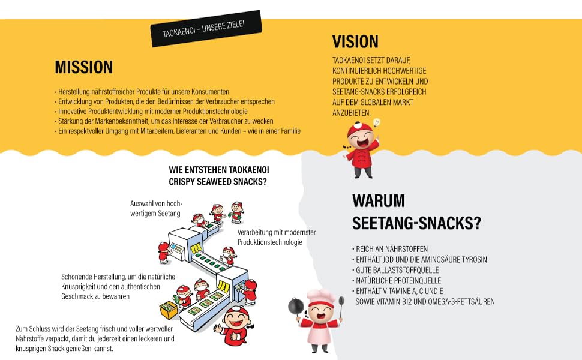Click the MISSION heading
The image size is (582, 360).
[84, 68]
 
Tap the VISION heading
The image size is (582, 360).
[355, 41]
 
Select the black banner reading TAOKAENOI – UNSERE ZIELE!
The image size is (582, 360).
[206, 29]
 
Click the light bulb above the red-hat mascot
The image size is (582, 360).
[377, 123]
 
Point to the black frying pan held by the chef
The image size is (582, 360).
[296, 307]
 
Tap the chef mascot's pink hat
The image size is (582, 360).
[320, 297]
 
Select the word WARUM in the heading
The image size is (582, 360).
[379, 201]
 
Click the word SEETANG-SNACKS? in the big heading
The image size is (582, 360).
[416, 223]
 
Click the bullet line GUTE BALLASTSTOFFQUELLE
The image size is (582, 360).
[397, 270]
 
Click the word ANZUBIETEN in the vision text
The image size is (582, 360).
[351, 113]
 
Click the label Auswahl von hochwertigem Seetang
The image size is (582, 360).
[156, 209]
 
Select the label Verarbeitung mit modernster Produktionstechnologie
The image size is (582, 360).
[277, 238]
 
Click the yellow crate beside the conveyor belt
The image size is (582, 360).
[169, 310]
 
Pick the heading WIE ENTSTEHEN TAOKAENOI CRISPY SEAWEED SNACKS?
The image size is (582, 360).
[219, 176]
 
